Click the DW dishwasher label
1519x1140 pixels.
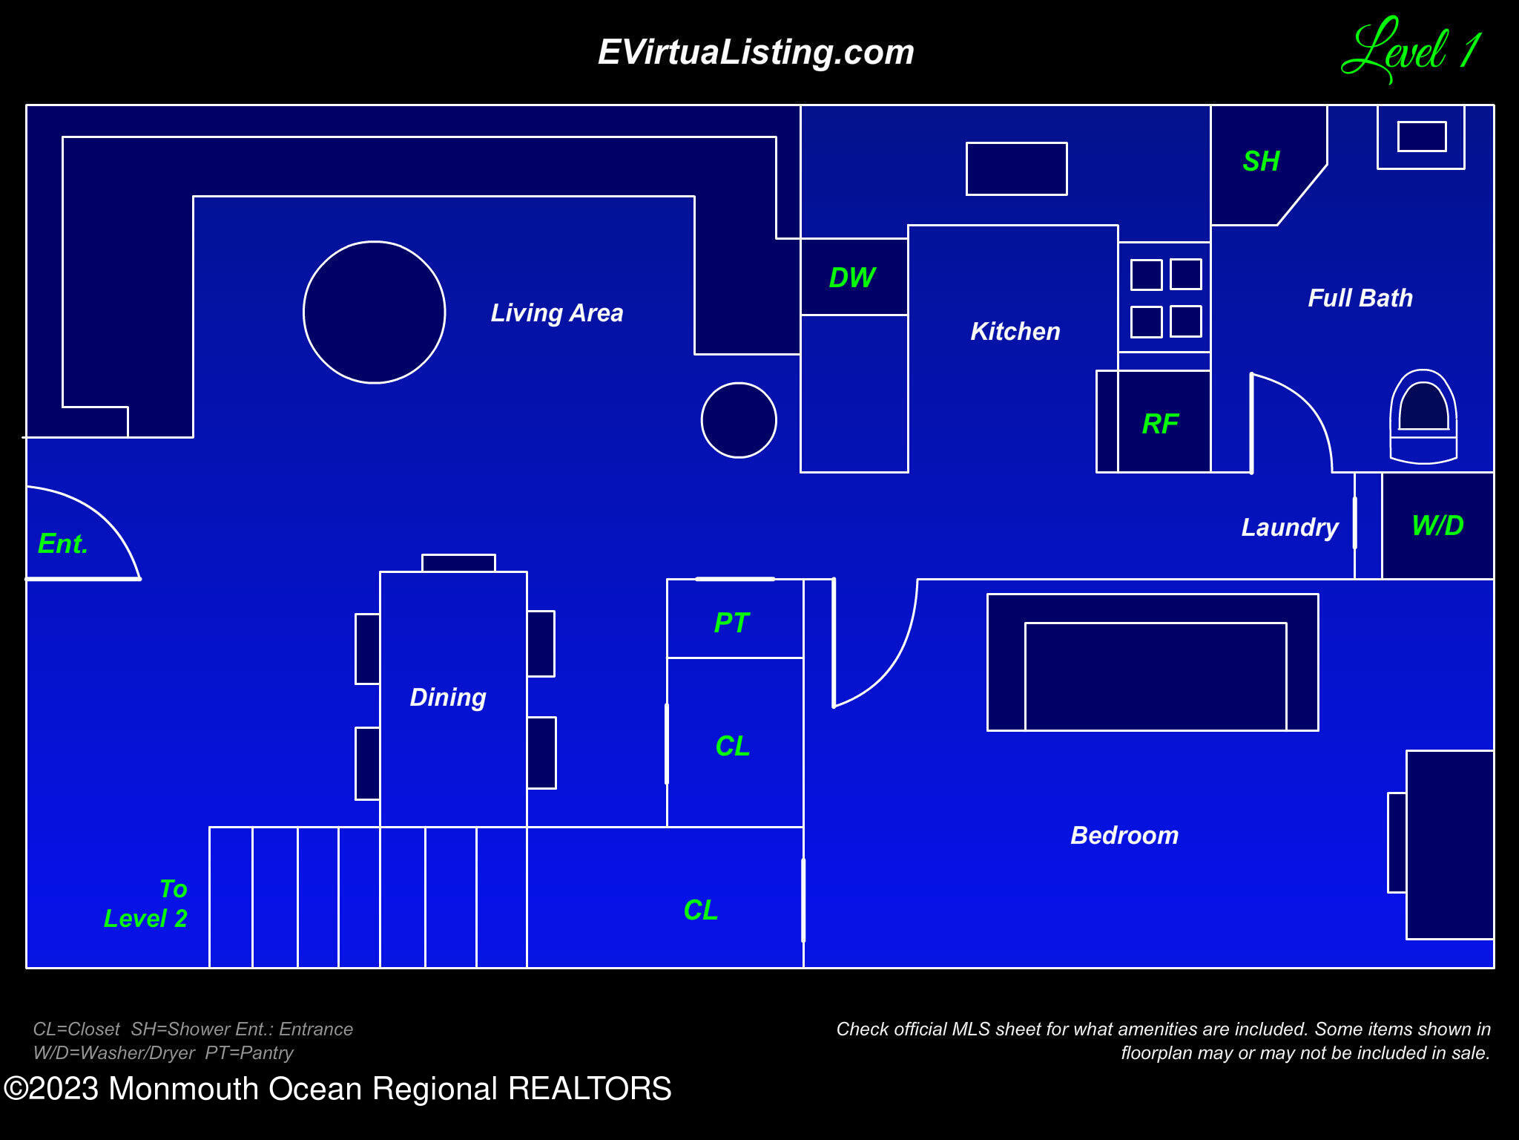tap(852, 278)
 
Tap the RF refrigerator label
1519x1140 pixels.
tap(1160, 424)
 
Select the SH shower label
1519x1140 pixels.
tap(1261, 161)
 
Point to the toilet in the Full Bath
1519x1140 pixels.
tap(1423, 416)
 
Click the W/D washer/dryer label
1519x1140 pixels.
tap(1437, 525)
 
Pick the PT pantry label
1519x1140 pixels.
tap(731, 622)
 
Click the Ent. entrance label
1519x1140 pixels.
tap(63, 543)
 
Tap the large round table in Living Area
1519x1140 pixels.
tap(375, 312)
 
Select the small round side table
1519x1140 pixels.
tap(739, 420)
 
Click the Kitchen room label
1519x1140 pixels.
tap(1015, 331)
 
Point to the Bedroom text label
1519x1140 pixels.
tap(1124, 835)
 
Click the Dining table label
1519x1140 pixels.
tap(448, 697)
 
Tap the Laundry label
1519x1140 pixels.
tap(1290, 527)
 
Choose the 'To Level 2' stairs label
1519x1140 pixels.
tap(145, 903)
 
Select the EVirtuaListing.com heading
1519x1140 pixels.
tap(756, 52)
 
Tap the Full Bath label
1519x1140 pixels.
tap(1360, 298)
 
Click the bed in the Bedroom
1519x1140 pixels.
tap(1153, 662)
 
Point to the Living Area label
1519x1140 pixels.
tap(557, 312)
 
